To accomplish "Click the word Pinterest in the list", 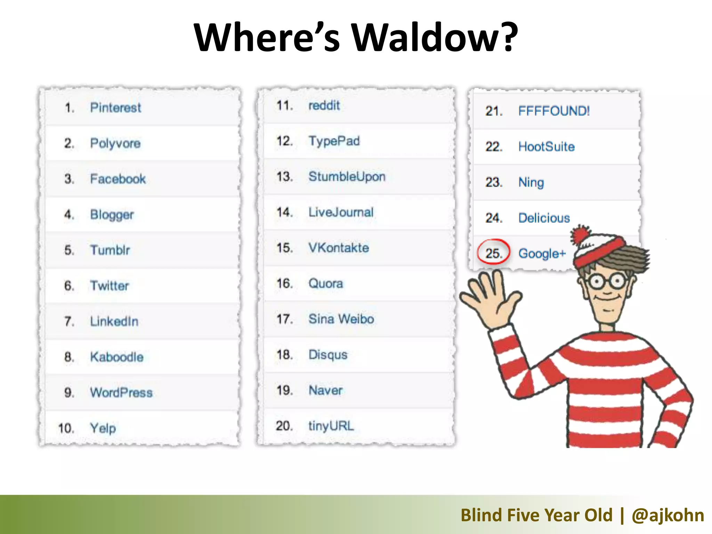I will tap(115, 108).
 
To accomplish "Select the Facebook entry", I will tap(118, 179).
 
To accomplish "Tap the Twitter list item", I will tap(110, 286).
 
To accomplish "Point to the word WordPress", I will tap(121, 393).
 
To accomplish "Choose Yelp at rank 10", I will tap(103, 428).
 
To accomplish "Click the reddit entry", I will tap(324, 105).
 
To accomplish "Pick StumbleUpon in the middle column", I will tap(347, 177).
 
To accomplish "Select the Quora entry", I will tap(326, 284).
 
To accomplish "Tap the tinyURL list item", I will tap(331, 426).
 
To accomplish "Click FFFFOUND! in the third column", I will tap(554, 111).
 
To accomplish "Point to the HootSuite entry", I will tap(546, 147).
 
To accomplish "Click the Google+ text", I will tap(542, 253).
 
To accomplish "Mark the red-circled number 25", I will tap(493, 253).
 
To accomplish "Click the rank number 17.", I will tap(284, 319).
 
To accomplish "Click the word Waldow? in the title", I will tap(435, 37).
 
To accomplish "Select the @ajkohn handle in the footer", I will tap(668, 515).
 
